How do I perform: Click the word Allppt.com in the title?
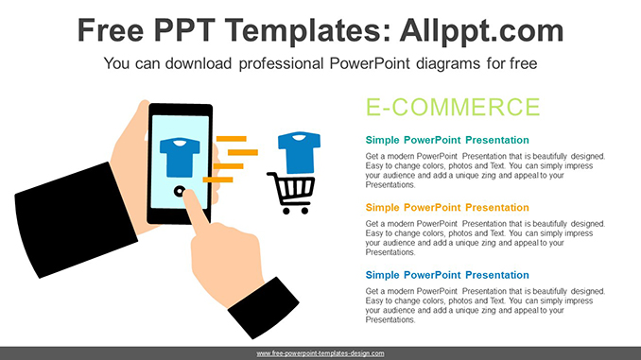click(x=481, y=31)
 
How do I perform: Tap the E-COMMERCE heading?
click(x=453, y=107)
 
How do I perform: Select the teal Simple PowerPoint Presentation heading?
click(x=447, y=140)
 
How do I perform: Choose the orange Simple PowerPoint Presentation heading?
click(x=447, y=208)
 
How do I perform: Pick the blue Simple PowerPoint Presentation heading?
click(x=447, y=275)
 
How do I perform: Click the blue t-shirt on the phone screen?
click(x=180, y=157)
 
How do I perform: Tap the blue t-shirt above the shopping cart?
click(x=300, y=152)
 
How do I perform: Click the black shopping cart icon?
click(x=291, y=193)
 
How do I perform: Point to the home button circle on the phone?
click(x=179, y=191)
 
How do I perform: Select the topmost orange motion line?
click(x=232, y=139)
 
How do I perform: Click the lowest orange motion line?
click(x=217, y=180)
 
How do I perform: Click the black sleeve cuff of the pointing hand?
click(x=264, y=307)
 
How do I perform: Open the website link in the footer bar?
click(x=320, y=353)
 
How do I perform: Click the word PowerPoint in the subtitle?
click(x=370, y=63)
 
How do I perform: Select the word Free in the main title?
click(x=111, y=30)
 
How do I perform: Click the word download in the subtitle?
click(x=199, y=63)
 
